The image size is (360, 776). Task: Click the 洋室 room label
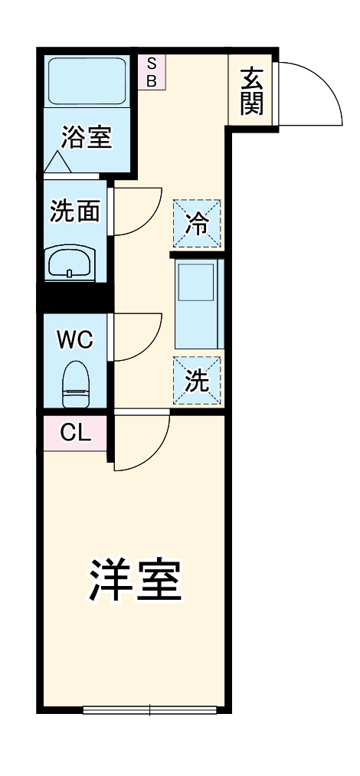click(x=136, y=581)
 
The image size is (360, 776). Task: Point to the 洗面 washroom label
click(x=74, y=211)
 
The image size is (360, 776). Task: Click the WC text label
click(x=75, y=339)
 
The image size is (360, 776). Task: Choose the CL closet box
click(x=75, y=434)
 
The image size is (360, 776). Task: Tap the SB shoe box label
click(x=151, y=72)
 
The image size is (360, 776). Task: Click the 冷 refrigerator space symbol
click(x=198, y=224)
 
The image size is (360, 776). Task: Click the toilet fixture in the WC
click(x=74, y=384)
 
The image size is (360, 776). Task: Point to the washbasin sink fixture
click(x=70, y=265)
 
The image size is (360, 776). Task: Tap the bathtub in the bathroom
click(x=87, y=80)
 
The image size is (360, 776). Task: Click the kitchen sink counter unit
click(x=198, y=305)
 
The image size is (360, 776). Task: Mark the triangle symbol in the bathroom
click(x=58, y=162)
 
